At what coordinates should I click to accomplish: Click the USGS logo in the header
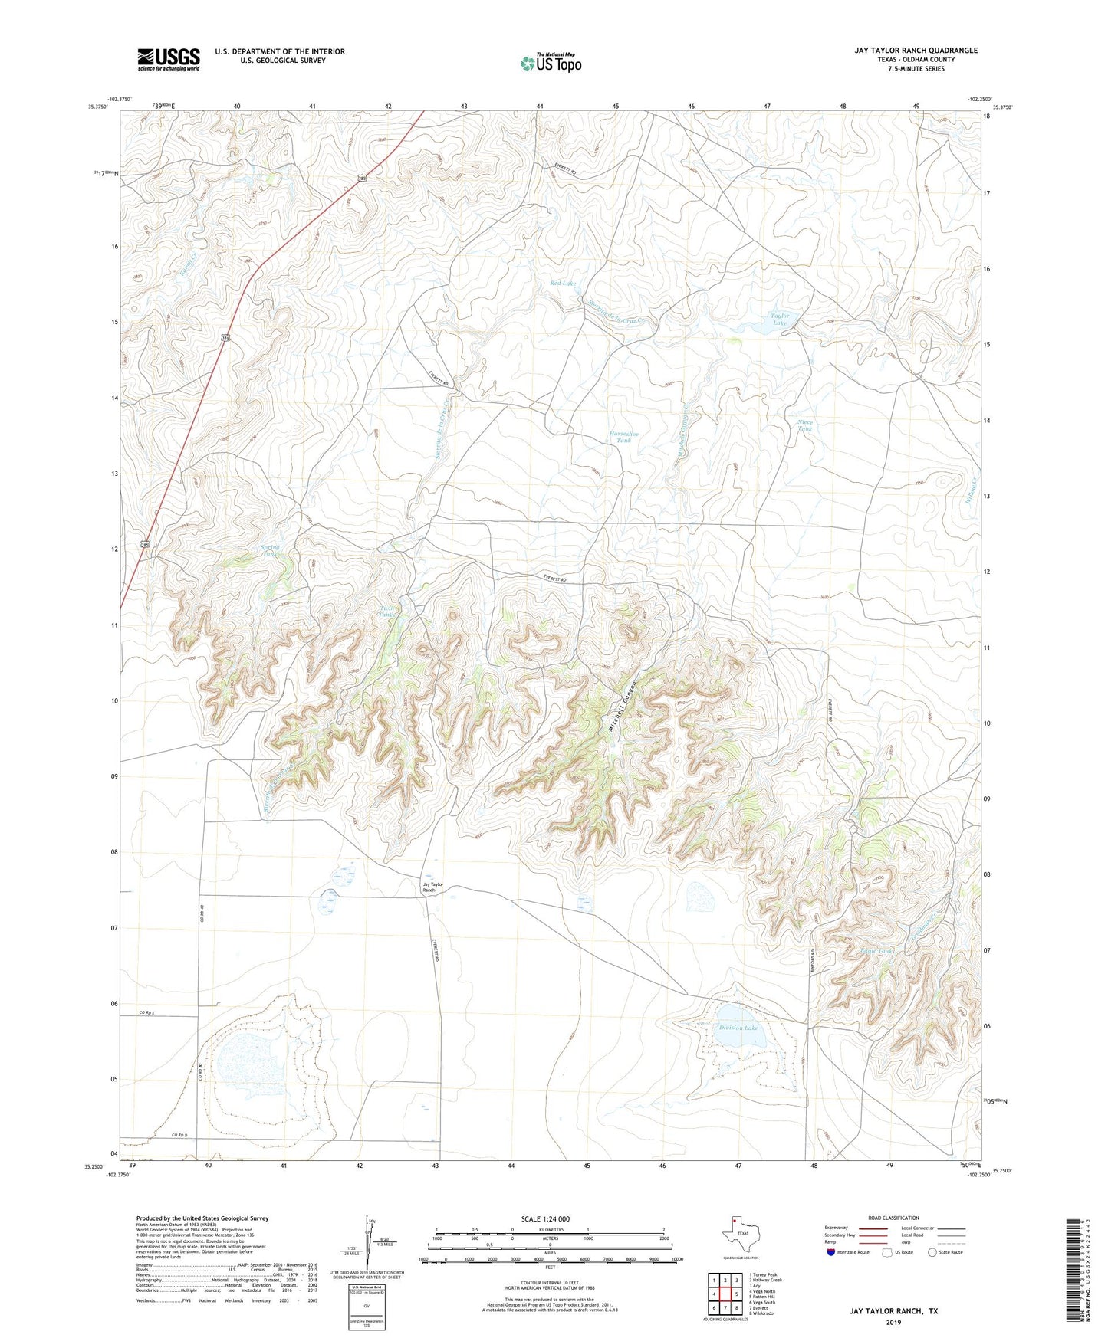tap(169, 59)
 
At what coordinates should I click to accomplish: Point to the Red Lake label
tap(563, 284)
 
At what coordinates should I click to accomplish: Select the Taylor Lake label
tap(779, 320)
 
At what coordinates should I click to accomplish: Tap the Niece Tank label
tap(804, 425)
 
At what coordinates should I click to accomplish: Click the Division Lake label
tap(738, 1028)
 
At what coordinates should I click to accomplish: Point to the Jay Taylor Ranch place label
tap(433, 887)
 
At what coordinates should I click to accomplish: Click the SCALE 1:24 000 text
tap(545, 1218)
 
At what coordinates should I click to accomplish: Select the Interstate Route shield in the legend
tap(831, 1252)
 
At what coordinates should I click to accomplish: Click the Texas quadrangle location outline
tap(740, 1235)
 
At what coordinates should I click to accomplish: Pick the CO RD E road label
tap(147, 1013)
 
